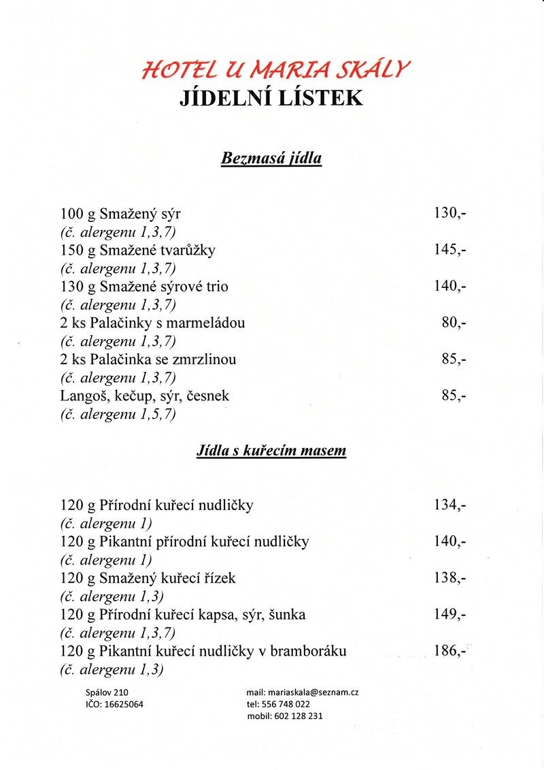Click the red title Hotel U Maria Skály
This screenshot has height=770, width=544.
(x=276, y=69)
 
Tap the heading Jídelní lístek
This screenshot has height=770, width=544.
(x=271, y=98)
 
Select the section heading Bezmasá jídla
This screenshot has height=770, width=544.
(x=271, y=159)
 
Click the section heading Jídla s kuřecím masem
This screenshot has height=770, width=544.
(x=271, y=450)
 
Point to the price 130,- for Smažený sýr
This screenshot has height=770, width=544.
(x=449, y=213)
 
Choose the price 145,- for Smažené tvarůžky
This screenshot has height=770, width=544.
(x=449, y=250)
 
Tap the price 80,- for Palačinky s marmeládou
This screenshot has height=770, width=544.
(x=454, y=323)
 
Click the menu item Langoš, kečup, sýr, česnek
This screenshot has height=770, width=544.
(x=145, y=396)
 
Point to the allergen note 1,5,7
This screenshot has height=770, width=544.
(x=118, y=414)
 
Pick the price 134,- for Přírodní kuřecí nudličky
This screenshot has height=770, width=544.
(x=449, y=505)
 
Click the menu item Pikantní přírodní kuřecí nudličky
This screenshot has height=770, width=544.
(x=184, y=542)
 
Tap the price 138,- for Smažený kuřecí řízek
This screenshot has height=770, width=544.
(x=449, y=578)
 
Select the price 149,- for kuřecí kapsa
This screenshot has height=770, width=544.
(x=449, y=615)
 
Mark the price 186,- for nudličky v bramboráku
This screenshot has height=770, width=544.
(x=449, y=651)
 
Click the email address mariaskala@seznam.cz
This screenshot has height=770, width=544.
(x=302, y=692)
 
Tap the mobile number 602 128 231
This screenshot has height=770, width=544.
(x=285, y=716)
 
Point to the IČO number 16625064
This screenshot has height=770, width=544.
(x=114, y=705)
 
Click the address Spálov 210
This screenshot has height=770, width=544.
(x=102, y=692)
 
